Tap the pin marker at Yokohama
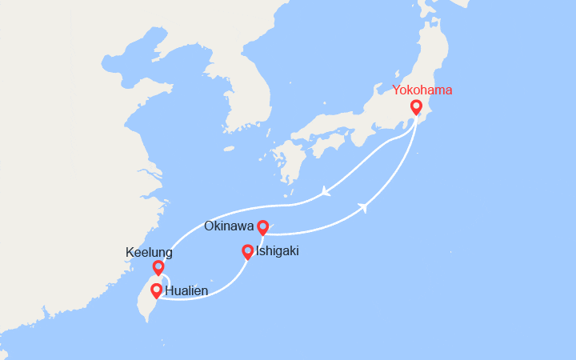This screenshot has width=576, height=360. pyautogui.click(x=416, y=108)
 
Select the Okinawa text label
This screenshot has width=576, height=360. pyautogui.click(x=230, y=226)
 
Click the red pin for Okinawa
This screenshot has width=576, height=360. pyautogui.click(x=262, y=228)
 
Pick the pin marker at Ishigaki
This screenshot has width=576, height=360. pyautogui.click(x=248, y=252)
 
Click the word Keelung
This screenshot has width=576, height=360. pyautogui.click(x=150, y=252)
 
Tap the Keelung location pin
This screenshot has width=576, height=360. pyautogui.click(x=158, y=267)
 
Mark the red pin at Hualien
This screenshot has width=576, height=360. pyautogui.click(x=155, y=291)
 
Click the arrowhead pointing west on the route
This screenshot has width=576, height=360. pyautogui.click(x=325, y=191)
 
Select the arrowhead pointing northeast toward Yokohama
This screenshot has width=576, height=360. pyautogui.click(x=364, y=207)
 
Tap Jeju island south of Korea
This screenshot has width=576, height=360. pyautogui.click(x=229, y=148)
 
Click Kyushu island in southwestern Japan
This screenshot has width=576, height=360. pyautogui.click(x=282, y=160)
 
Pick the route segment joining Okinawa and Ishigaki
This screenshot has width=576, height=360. pyautogui.click(x=258, y=240)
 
